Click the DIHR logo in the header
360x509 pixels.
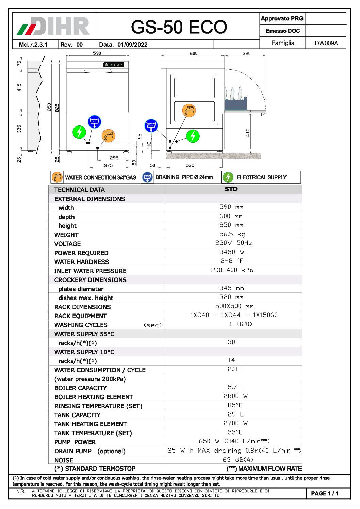[54, 26]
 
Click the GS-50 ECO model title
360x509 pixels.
[179, 27]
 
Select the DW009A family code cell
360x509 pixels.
[326, 43]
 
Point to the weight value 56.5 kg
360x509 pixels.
[232, 234]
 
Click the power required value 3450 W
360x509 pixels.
[232, 252]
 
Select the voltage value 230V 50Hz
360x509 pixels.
[233, 243]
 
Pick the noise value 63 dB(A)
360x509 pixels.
[233, 460]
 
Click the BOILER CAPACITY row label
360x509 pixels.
[80, 388]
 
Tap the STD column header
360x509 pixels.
[231, 189]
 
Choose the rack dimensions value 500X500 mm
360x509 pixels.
[234, 306]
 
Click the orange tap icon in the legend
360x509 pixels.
[57, 177]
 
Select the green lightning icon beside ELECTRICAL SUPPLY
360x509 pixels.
[228, 177]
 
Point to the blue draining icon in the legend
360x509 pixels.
[147, 177]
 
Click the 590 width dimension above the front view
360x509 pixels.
[97, 53]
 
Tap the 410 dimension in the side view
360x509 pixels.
[248, 133]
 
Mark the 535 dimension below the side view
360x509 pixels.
[190, 165]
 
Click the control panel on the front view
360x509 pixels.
[114, 65]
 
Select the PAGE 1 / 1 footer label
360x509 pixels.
[325, 493]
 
